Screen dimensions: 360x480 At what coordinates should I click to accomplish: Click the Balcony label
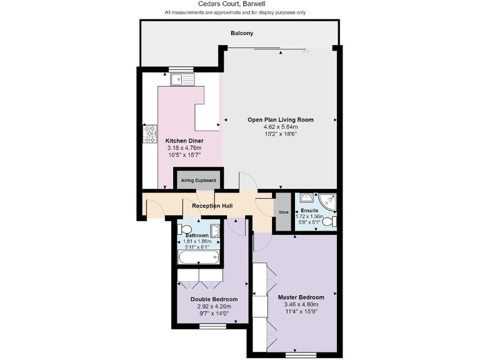pyautogui.click(x=241, y=33)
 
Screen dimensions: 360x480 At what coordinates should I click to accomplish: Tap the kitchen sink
pyautogui.click(x=182, y=79)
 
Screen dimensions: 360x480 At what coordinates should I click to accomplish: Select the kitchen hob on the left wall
pyautogui.click(x=151, y=132)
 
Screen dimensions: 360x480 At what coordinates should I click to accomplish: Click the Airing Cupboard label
pyautogui.click(x=198, y=181)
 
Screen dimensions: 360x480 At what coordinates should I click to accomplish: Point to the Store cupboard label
pyautogui.click(x=284, y=212)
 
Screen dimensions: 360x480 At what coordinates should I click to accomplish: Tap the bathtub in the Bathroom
pyautogui.click(x=198, y=256)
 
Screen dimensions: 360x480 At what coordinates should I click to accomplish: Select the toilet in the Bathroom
pyautogui.click(x=186, y=229)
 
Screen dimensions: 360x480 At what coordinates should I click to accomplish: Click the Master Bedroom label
pyautogui.click(x=301, y=297)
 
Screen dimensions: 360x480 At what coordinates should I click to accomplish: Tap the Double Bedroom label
pyautogui.click(x=214, y=299)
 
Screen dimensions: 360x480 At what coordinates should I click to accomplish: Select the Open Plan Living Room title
pyautogui.click(x=281, y=119)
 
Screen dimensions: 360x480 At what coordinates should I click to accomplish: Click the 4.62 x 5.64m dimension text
pyautogui.click(x=281, y=127)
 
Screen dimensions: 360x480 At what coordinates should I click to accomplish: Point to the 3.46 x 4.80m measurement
pyautogui.click(x=301, y=304)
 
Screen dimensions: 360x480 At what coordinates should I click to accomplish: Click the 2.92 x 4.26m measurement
pyautogui.click(x=214, y=307)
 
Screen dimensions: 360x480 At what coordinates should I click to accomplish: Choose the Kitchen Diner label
pyautogui.click(x=184, y=141)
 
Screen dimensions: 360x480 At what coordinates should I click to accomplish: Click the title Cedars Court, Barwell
pyautogui.click(x=239, y=4)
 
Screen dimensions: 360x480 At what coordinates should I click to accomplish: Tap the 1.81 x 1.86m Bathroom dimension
pyautogui.click(x=197, y=241)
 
